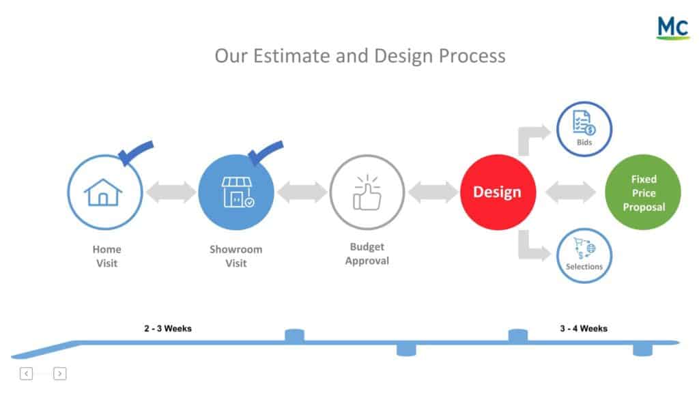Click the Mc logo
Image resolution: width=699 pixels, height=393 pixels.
673,27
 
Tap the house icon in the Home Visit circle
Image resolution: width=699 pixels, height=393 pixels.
103,192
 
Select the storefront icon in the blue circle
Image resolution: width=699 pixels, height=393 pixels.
238,192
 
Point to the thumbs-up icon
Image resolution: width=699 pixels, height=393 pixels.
367,192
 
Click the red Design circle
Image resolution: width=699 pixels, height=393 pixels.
498,192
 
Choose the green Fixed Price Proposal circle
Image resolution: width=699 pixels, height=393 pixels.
643,192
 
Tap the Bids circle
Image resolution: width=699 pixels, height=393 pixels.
584,129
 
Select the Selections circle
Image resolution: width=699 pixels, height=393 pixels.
584,256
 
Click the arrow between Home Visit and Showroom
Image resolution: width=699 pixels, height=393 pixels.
171,192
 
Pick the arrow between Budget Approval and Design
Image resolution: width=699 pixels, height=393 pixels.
433,192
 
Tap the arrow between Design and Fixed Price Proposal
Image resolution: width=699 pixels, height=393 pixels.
571,192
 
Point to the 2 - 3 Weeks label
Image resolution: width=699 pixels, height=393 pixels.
168,329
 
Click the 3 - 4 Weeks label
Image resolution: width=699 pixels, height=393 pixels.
584,329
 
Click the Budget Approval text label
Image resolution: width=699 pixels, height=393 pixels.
367,254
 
